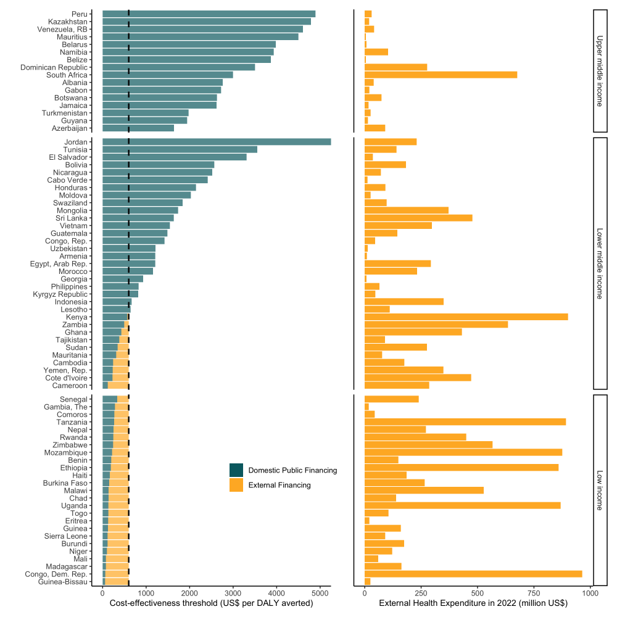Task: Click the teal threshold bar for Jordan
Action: click(216, 142)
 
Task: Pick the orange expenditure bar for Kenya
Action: click(466, 317)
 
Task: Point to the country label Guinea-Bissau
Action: click(62, 582)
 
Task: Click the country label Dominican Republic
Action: click(56, 67)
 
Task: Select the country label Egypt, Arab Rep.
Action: click(59, 263)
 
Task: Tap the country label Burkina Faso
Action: click(65, 482)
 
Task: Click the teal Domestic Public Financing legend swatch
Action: click(236, 470)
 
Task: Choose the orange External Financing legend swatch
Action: click(236, 485)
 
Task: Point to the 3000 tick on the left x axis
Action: click(233, 594)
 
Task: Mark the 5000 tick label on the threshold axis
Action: click(320, 594)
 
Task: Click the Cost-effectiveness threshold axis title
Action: click(211, 603)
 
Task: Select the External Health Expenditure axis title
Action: click(473, 603)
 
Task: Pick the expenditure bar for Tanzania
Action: click(465, 422)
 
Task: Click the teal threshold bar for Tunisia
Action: click(180, 149)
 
